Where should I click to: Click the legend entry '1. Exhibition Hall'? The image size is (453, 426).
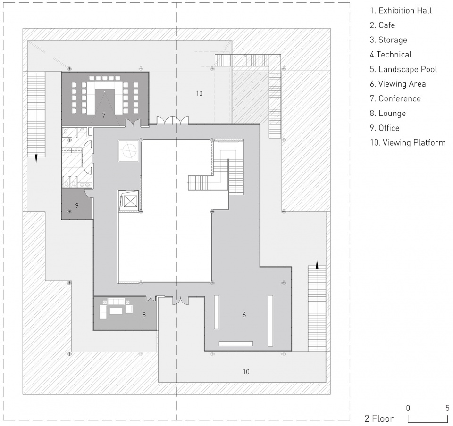(x=401, y=11)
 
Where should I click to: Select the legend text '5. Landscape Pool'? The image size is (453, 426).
(x=403, y=69)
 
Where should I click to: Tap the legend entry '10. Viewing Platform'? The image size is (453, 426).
(x=408, y=142)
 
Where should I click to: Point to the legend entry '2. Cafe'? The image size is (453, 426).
(x=382, y=25)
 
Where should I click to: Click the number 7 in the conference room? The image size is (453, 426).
(x=104, y=115)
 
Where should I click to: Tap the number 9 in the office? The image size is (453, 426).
(x=77, y=205)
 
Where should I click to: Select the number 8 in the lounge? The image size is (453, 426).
(x=144, y=315)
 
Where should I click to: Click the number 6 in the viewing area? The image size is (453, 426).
(x=244, y=315)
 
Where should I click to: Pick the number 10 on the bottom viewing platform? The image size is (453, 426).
(x=246, y=372)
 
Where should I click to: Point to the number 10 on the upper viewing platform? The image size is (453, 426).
(x=199, y=93)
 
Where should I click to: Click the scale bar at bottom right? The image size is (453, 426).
(x=428, y=418)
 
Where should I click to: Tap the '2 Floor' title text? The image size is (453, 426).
(x=379, y=418)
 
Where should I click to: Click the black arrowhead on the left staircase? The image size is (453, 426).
(x=36, y=159)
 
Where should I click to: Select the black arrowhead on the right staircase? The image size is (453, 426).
(x=317, y=264)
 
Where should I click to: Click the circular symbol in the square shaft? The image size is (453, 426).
(x=128, y=151)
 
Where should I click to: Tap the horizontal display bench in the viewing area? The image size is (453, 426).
(x=236, y=344)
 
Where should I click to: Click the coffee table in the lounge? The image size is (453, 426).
(x=116, y=311)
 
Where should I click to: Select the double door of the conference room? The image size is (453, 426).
(x=133, y=123)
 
